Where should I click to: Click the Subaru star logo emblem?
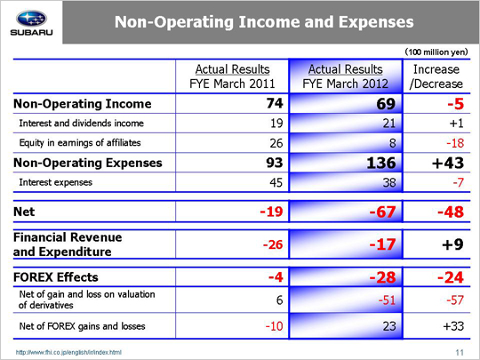31,19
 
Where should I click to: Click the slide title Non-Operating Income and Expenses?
264,22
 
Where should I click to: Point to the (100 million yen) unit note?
436,52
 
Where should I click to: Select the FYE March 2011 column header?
232,76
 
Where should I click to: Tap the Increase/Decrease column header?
436,76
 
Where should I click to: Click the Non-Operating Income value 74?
275,103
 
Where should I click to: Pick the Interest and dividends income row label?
82,123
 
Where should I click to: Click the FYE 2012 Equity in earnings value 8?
392,143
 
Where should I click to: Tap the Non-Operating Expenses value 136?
381,163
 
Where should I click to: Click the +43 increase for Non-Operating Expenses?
448,163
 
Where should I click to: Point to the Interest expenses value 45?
276,182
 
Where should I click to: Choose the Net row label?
24,212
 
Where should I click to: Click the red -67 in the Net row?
382,212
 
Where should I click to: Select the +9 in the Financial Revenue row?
452,244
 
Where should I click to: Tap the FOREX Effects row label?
56,277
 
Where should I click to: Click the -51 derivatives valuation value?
387,300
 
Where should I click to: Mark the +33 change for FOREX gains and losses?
453,326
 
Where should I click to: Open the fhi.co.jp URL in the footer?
68,352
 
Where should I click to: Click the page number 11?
460,353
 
